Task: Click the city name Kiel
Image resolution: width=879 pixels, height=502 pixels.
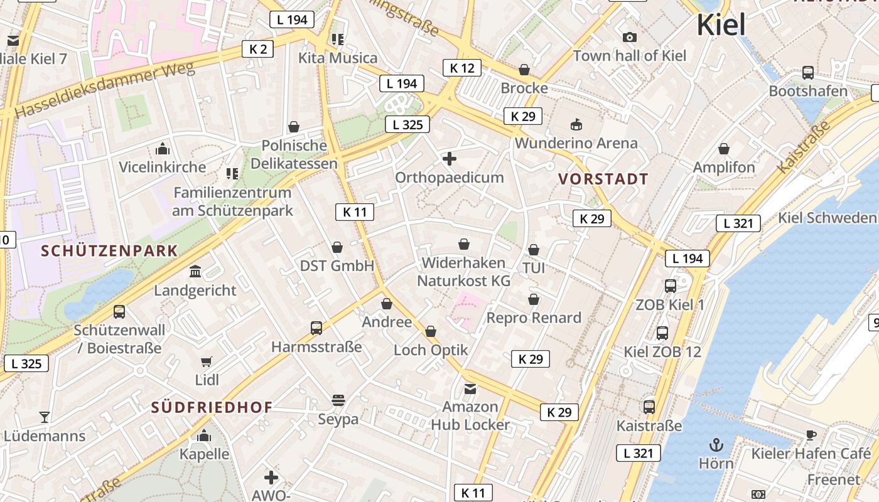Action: tap(721, 25)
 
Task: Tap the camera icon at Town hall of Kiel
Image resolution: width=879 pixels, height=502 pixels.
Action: tap(630, 38)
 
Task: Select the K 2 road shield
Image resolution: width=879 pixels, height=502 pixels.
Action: tap(258, 49)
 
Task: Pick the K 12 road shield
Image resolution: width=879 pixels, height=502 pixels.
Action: tap(462, 68)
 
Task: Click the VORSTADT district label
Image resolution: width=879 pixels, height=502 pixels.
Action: tap(603, 179)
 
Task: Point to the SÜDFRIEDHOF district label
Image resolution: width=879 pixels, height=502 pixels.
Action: tap(212, 407)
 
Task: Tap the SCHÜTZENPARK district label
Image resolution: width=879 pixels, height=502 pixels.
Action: tap(109, 251)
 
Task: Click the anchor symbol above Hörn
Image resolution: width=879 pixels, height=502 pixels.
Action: tap(716, 446)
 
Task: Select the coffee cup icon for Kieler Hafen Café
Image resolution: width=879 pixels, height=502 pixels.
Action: tap(811, 435)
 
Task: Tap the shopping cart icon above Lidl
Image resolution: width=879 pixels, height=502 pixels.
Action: tap(207, 361)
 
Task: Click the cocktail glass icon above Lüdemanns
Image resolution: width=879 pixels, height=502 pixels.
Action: tap(45, 417)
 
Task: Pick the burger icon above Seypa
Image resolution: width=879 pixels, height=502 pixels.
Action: tap(338, 400)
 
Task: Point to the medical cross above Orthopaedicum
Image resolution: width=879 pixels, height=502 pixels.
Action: tap(450, 159)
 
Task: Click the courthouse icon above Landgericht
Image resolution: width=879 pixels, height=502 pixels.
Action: tap(195, 272)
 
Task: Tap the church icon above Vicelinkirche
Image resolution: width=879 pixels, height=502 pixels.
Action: tap(163, 149)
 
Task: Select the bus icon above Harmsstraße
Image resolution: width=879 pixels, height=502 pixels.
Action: tap(316, 328)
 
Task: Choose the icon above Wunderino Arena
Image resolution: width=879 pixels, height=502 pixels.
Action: tap(576, 124)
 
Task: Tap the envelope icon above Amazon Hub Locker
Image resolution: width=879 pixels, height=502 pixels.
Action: tap(470, 389)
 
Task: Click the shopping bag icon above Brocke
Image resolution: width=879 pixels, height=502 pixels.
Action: tap(524, 70)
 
